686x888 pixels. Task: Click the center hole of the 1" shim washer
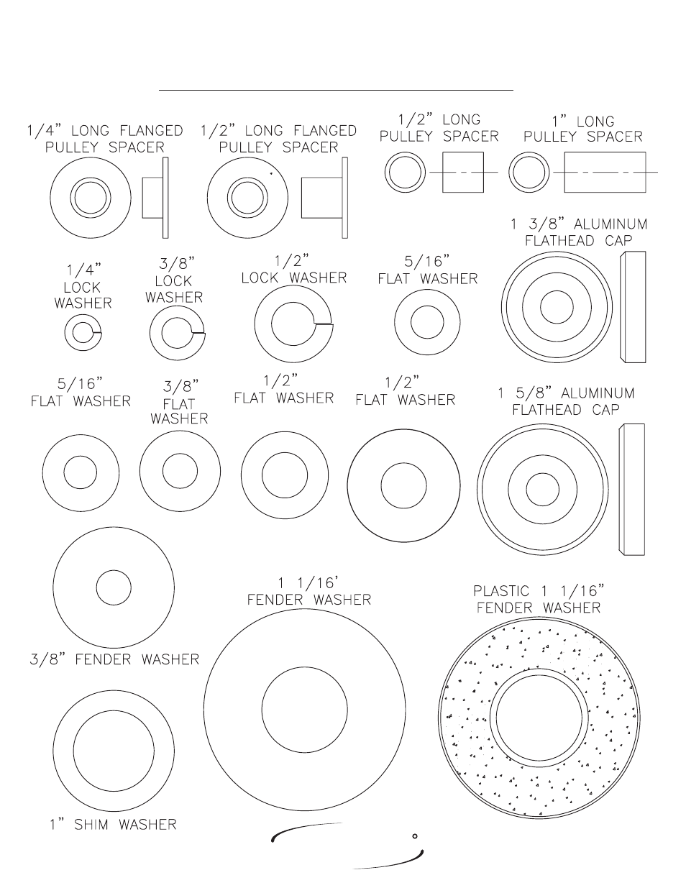pos(114,751)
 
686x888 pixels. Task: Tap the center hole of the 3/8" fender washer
pos(114,587)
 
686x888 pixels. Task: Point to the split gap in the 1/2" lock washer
pos(324,324)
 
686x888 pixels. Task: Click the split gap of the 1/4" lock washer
pos(97,332)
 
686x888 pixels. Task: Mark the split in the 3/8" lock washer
pos(198,333)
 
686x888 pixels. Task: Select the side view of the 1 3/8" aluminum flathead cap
pos(633,307)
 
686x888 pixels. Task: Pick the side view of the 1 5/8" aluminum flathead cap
pos(631,490)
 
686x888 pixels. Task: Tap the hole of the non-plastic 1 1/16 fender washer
pos(304,710)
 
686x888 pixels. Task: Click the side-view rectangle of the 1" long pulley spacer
pos(605,172)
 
